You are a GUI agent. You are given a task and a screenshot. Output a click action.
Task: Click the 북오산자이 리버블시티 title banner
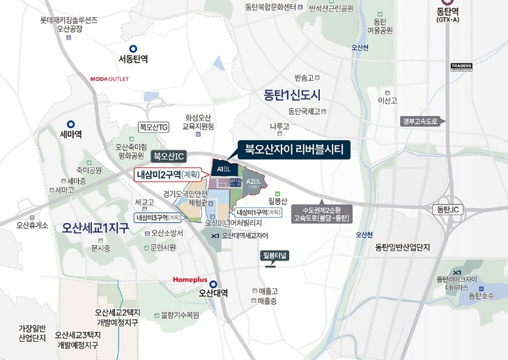point(295,148)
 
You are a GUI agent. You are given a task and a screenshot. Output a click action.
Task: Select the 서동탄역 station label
point(133,58)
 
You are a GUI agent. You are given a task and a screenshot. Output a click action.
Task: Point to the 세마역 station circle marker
point(71,124)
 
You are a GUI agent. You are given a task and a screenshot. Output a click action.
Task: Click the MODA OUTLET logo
point(109,79)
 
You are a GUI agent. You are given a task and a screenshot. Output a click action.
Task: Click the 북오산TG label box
point(154,127)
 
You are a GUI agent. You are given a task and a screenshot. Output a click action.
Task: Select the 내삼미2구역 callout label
point(168,174)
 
